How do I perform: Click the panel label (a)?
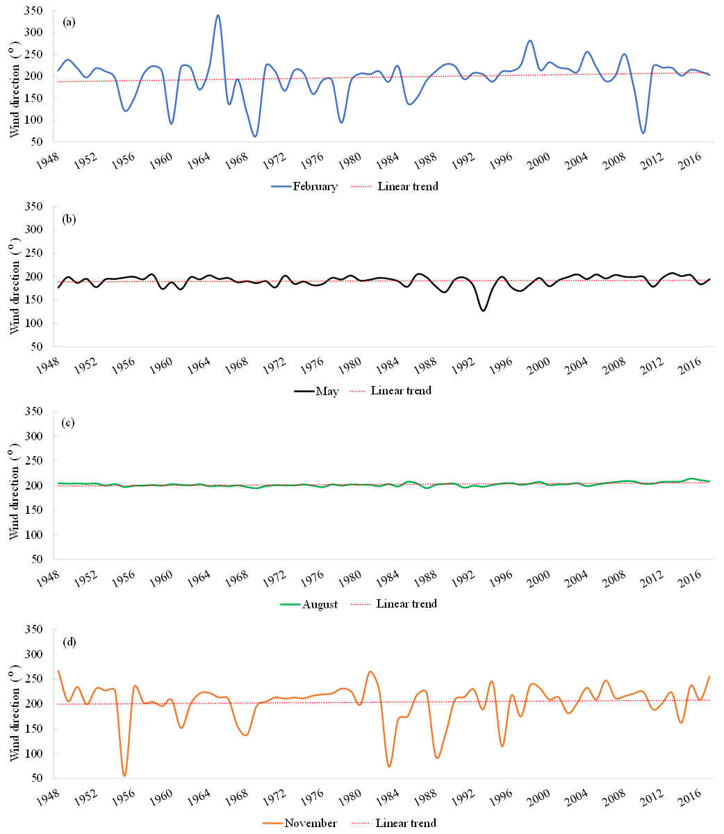pos(69,22)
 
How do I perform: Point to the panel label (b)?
pos(69,219)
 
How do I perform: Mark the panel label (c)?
pos(69,423)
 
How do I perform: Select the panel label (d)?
pos(69,642)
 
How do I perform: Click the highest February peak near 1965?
pos(218,15)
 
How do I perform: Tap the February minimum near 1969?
pos(255,136)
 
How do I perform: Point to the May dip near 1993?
pos(483,310)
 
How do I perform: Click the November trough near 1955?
pos(124,776)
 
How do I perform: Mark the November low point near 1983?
pos(389,766)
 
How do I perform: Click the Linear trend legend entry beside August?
pos(406,604)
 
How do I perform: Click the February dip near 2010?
pos(643,133)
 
